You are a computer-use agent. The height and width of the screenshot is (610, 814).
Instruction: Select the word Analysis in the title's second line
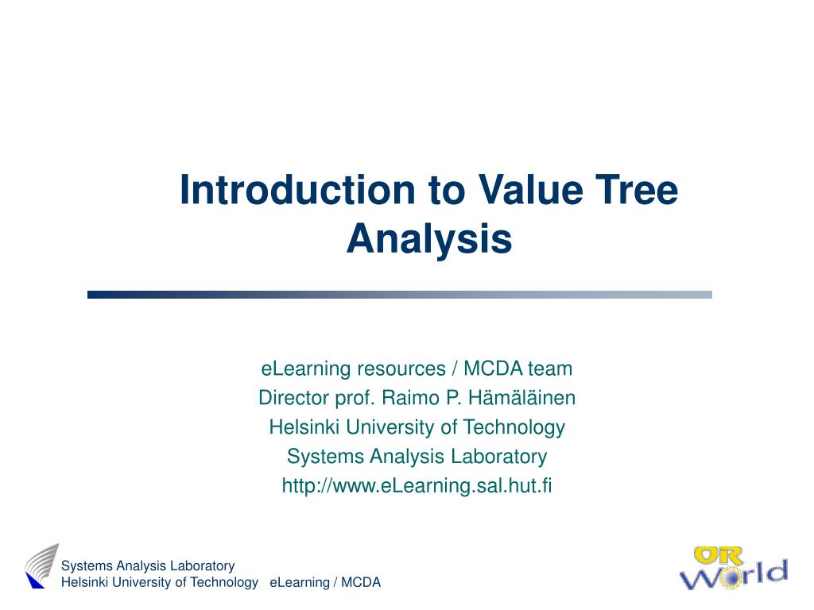[x=428, y=238]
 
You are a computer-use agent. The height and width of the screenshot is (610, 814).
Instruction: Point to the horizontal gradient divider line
[x=399, y=295]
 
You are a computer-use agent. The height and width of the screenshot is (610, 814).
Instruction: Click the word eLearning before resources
[x=306, y=369]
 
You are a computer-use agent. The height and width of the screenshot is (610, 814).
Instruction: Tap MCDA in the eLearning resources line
[x=493, y=369]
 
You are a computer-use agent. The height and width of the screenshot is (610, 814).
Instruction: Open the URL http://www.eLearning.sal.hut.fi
[x=417, y=485]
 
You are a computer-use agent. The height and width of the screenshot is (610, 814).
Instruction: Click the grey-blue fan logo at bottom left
[x=41, y=566]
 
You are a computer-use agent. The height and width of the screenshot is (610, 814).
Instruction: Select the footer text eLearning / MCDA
[x=325, y=582]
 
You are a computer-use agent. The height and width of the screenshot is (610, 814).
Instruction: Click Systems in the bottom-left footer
[x=87, y=566]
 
